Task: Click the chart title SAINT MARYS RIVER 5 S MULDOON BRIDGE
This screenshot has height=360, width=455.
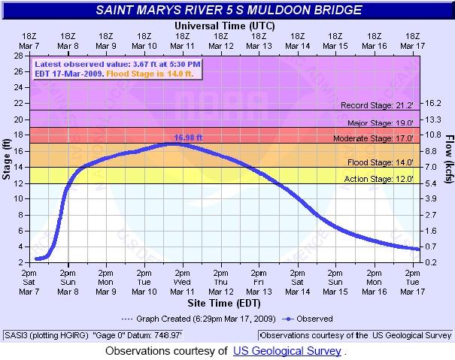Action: click(x=228, y=11)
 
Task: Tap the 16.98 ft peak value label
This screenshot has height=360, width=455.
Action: click(x=188, y=138)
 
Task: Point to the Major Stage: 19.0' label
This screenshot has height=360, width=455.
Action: click(x=380, y=123)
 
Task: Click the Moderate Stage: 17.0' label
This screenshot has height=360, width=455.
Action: click(x=375, y=139)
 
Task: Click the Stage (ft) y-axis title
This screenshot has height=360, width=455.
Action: click(x=7, y=157)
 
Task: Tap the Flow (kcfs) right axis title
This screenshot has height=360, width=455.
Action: click(x=448, y=157)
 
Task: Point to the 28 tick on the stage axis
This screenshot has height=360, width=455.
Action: click(x=17, y=56)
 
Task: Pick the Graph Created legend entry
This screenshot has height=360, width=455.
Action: click(x=202, y=319)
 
